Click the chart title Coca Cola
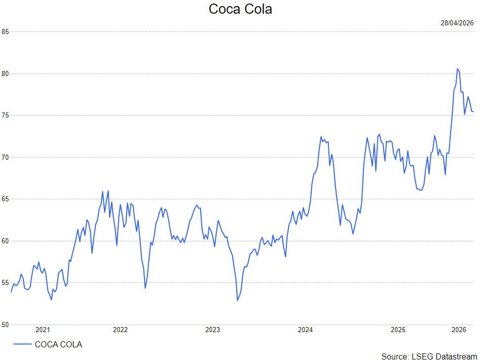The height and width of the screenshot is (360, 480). (x=240, y=9)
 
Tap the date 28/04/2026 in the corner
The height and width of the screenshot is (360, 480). (x=457, y=23)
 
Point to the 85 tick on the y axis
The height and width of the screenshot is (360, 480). (x=5, y=31)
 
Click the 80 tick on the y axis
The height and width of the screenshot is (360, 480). (x=5, y=74)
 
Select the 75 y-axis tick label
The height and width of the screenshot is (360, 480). (x=5, y=116)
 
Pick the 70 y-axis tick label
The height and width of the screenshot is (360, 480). (x=5, y=157)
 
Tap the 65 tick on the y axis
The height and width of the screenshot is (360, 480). (x=5, y=199)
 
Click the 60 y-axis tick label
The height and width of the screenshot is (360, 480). (x=5, y=241)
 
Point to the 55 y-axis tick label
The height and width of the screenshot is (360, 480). (x=5, y=283)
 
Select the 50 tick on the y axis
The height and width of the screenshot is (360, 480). (x=5, y=325)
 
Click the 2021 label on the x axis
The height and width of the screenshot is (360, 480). (x=43, y=330)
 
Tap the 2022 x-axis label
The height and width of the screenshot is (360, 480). (x=120, y=330)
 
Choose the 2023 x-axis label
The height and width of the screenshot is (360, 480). (x=213, y=330)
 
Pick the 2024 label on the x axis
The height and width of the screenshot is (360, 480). (x=306, y=330)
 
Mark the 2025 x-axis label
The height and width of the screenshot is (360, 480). (x=398, y=330)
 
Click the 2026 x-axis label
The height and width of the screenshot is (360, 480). (x=459, y=330)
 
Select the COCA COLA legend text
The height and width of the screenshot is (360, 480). (x=58, y=344)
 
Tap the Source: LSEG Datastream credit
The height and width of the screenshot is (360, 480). (x=429, y=356)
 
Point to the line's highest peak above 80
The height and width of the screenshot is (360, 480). (x=457, y=69)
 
